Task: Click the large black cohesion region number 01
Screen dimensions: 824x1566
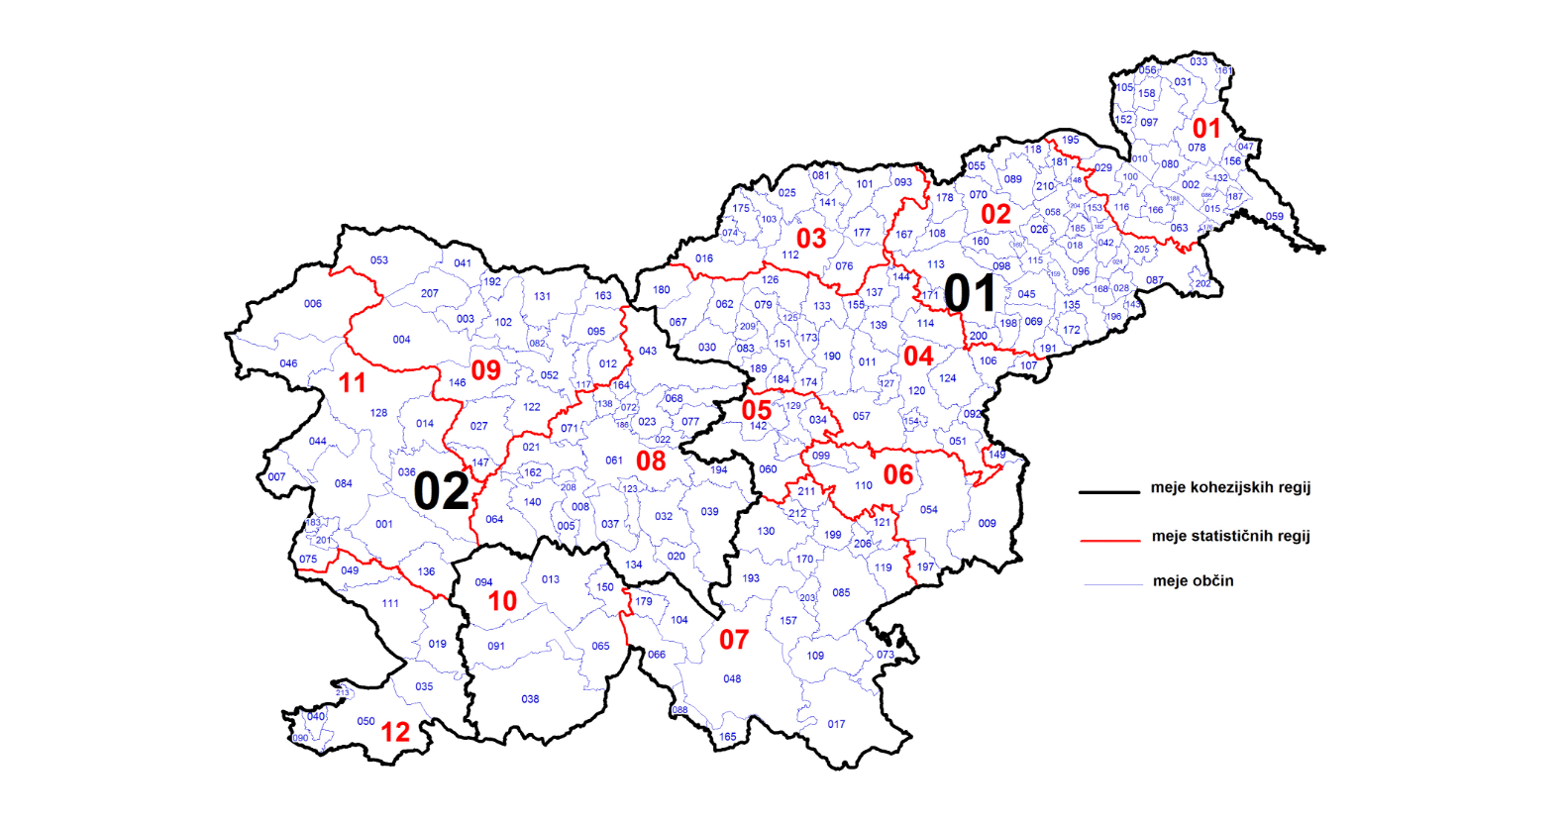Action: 970,293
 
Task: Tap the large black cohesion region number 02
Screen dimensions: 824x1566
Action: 441,491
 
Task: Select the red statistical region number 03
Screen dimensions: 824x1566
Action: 811,239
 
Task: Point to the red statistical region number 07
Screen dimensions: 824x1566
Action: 734,640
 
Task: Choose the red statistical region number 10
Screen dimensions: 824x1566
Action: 502,601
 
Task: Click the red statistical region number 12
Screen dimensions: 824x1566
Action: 395,732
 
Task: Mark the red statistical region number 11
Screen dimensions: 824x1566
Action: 353,383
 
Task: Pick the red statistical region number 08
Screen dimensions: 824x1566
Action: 651,461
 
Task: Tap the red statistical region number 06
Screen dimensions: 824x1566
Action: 898,475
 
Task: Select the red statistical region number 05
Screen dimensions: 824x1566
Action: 757,410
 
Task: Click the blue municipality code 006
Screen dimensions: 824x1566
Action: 313,304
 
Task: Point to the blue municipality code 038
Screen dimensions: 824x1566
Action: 531,699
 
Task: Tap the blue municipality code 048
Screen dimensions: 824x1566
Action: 732,679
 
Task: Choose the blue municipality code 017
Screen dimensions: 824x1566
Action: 837,724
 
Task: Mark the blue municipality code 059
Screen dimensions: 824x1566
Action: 1275,216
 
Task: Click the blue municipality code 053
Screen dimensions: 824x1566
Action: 379,260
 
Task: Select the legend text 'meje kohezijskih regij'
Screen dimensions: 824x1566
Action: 1230,487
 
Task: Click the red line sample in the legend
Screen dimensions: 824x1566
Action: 1109,540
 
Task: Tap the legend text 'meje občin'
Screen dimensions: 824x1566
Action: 1193,581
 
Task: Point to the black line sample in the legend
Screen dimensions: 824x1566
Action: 1109,491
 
